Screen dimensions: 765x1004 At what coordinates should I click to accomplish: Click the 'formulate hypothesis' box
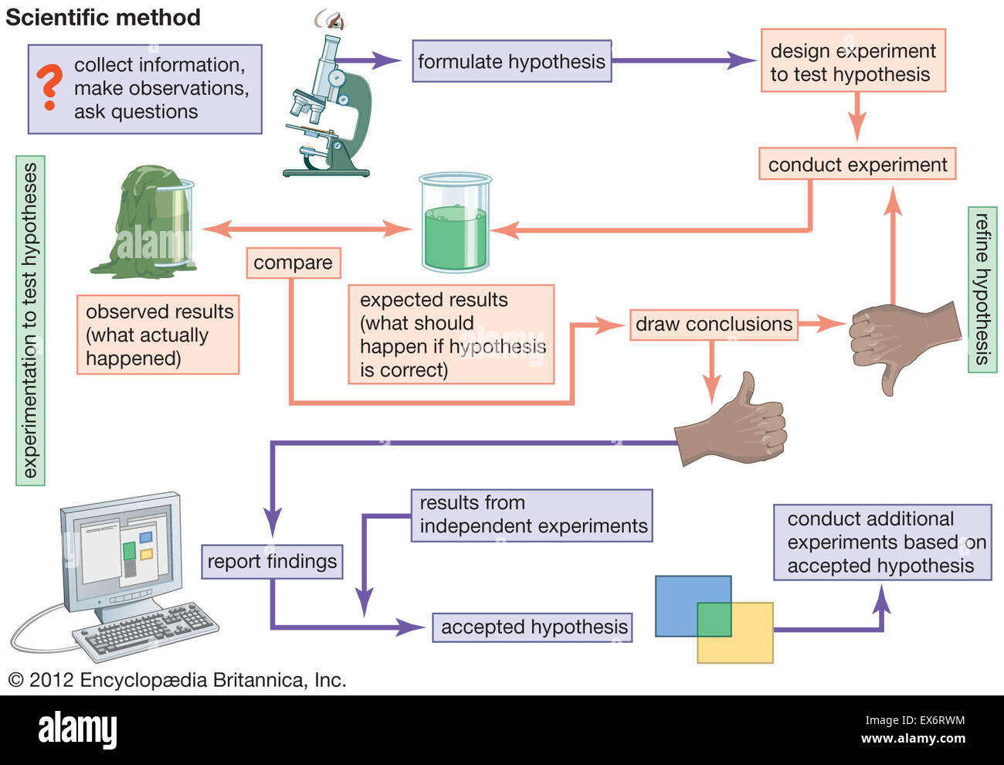[x=511, y=62]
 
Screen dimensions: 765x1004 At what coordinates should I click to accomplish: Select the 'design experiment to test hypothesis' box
[x=853, y=62]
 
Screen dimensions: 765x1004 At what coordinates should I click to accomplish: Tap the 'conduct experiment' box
[x=856, y=165]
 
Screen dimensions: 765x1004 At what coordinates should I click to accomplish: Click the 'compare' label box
[x=293, y=263]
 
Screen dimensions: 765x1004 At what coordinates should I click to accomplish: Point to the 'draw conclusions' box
[x=714, y=324]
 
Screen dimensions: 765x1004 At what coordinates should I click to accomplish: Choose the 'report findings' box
[x=272, y=561]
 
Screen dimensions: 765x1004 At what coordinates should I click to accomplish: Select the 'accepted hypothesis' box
[x=534, y=627]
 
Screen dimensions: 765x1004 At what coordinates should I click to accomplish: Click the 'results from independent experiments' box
[x=532, y=515]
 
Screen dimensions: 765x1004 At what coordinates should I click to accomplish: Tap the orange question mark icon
[x=49, y=87]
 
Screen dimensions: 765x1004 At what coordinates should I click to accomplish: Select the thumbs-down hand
[x=900, y=340]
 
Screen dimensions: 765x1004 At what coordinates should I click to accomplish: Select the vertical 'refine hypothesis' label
[x=982, y=289]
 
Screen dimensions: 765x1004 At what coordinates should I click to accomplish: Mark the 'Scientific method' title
[x=103, y=17]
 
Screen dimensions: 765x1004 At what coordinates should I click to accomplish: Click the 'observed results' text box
[x=158, y=335]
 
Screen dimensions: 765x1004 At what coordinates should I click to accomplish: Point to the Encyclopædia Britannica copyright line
[x=177, y=680]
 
